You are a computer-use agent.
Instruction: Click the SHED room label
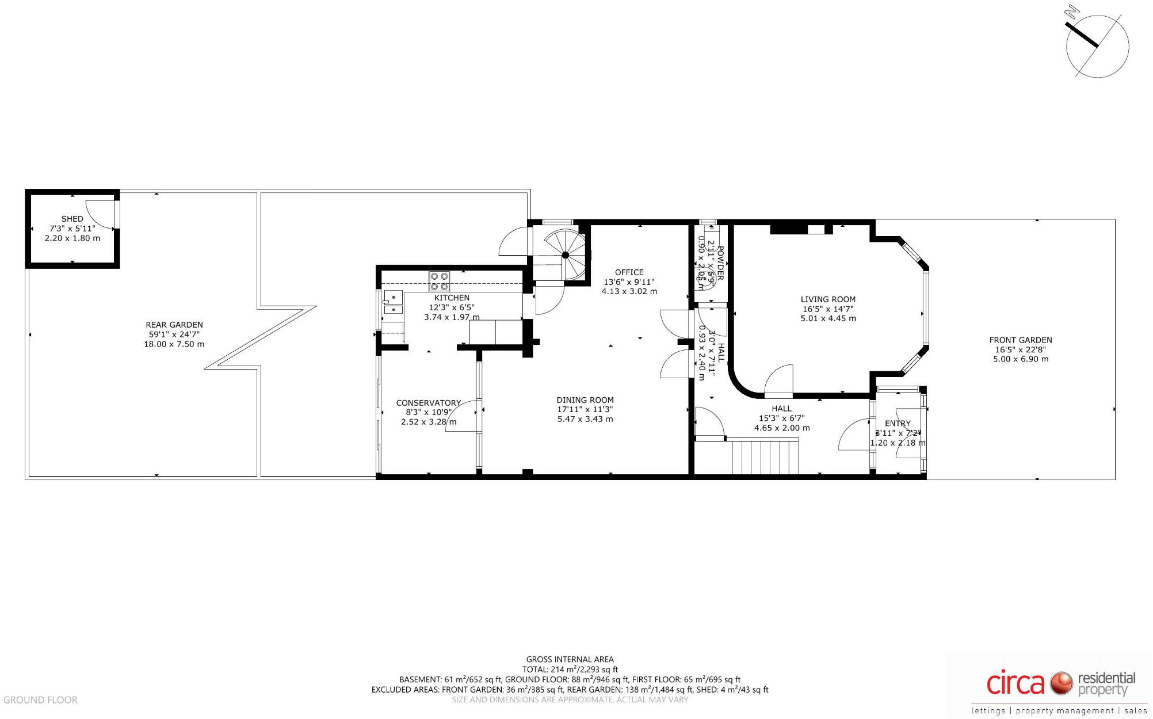(72, 219)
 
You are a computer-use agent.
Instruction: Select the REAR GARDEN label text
(174, 325)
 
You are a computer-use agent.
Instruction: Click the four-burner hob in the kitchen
(439, 281)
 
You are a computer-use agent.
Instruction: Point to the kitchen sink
(394, 303)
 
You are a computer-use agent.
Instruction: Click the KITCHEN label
(452, 298)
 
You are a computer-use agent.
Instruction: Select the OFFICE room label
(629, 272)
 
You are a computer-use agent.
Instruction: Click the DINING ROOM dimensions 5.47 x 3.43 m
(585, 419)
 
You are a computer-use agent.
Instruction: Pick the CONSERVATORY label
(428, 403)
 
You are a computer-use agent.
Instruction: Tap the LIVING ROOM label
(828, 299)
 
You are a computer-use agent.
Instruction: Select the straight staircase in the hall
(765, 456)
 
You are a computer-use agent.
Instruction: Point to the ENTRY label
(898, 423)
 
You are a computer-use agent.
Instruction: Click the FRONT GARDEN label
(1020, 340)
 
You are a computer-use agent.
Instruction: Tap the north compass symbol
(1097, 46)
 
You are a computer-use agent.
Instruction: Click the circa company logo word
(1015, 683)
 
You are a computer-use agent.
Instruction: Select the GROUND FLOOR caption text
(40, 700)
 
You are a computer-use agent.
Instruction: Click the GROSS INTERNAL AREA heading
(570, 659)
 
